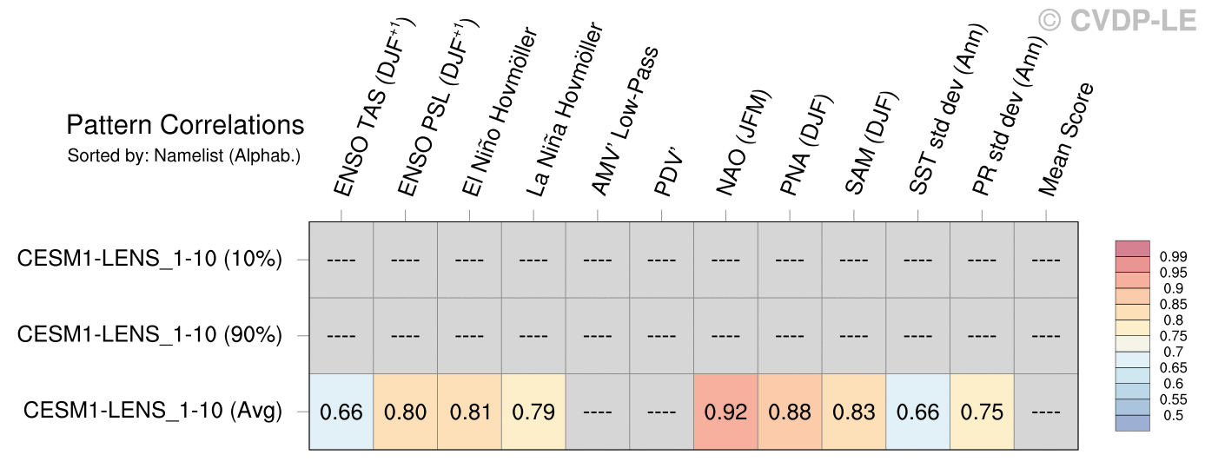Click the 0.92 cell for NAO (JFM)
click(725, 412)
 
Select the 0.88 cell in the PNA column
click(790, 412)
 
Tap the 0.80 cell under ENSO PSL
click(405, 412)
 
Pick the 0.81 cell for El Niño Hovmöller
click(469, 412)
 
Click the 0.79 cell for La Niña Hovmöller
click(533, 412)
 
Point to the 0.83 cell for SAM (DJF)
click(854, 412)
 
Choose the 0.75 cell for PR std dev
click(982, 412)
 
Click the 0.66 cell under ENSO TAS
click(341, 412)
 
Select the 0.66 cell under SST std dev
click(918, 412)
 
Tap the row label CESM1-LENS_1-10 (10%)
click(149, 259)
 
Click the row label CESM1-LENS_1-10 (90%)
click(149, 335)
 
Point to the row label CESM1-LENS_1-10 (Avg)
click(153, 411)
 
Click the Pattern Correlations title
click(185, 125)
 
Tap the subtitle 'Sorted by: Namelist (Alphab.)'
click(183, 157)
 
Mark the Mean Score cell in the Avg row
click(1046, 412)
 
